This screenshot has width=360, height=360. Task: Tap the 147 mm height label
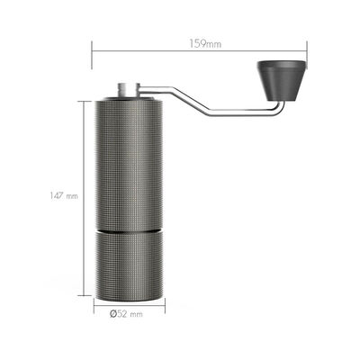click(64, 195)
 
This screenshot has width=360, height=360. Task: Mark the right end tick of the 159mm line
click(308, 51)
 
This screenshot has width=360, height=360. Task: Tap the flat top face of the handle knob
click(282, 63)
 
